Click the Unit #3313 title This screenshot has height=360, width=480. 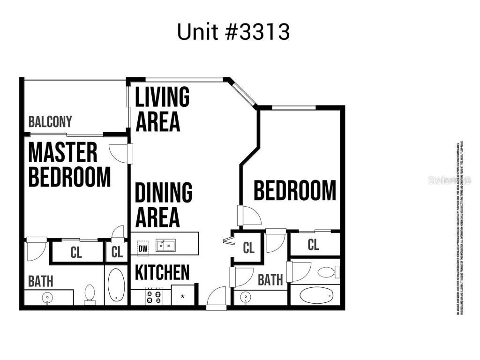pyautogui.click(x=233, y=32)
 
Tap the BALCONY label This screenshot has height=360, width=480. pyautogui.click(x=50, y=122)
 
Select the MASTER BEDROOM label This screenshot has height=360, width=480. pyautogui.click(x=69, y=165)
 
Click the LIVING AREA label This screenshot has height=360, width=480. pyautogui.click(x=162, y=109)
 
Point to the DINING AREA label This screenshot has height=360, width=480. pyautogui.click(x=163, y=205)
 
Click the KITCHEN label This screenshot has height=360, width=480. pyautogui.click(x=163, y=272)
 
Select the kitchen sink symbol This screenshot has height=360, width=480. pyautogui.click(x=165, y=245)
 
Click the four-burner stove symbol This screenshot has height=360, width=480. pyautogui.click(x=154, y=297)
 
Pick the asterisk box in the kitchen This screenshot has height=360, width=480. pyautogui.click(x=182, y=296)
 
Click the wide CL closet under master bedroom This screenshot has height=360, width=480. pyautogui.click(x=76, y=252)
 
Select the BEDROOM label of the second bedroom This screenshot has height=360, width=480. pyautogui.click(x=295, y=191)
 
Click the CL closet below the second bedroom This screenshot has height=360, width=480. pyautogui.click(x=314, y=244)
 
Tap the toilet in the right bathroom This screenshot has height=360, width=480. pyautogui.click(x=326, y=271)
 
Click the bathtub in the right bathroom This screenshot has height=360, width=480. pyautogui.click(x=315, y=295)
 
